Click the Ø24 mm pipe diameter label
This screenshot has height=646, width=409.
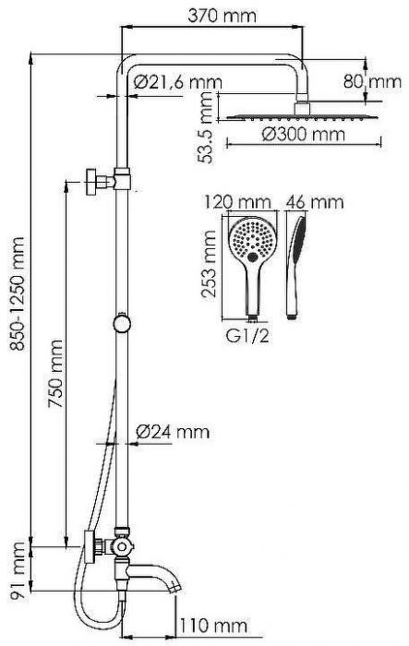click(172, 431)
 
